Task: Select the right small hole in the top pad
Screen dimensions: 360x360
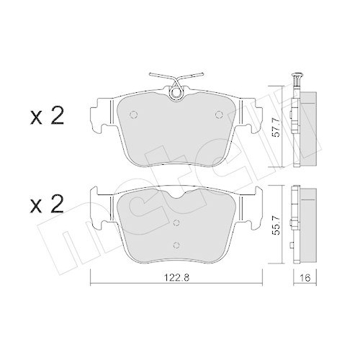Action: pyautogui.click(x=218, y=115)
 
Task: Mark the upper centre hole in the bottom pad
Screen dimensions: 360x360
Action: pyautogui.click(x=175, y=224)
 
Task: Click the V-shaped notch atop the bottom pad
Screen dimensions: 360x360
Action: pyautogui.click(x=175, y=199)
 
